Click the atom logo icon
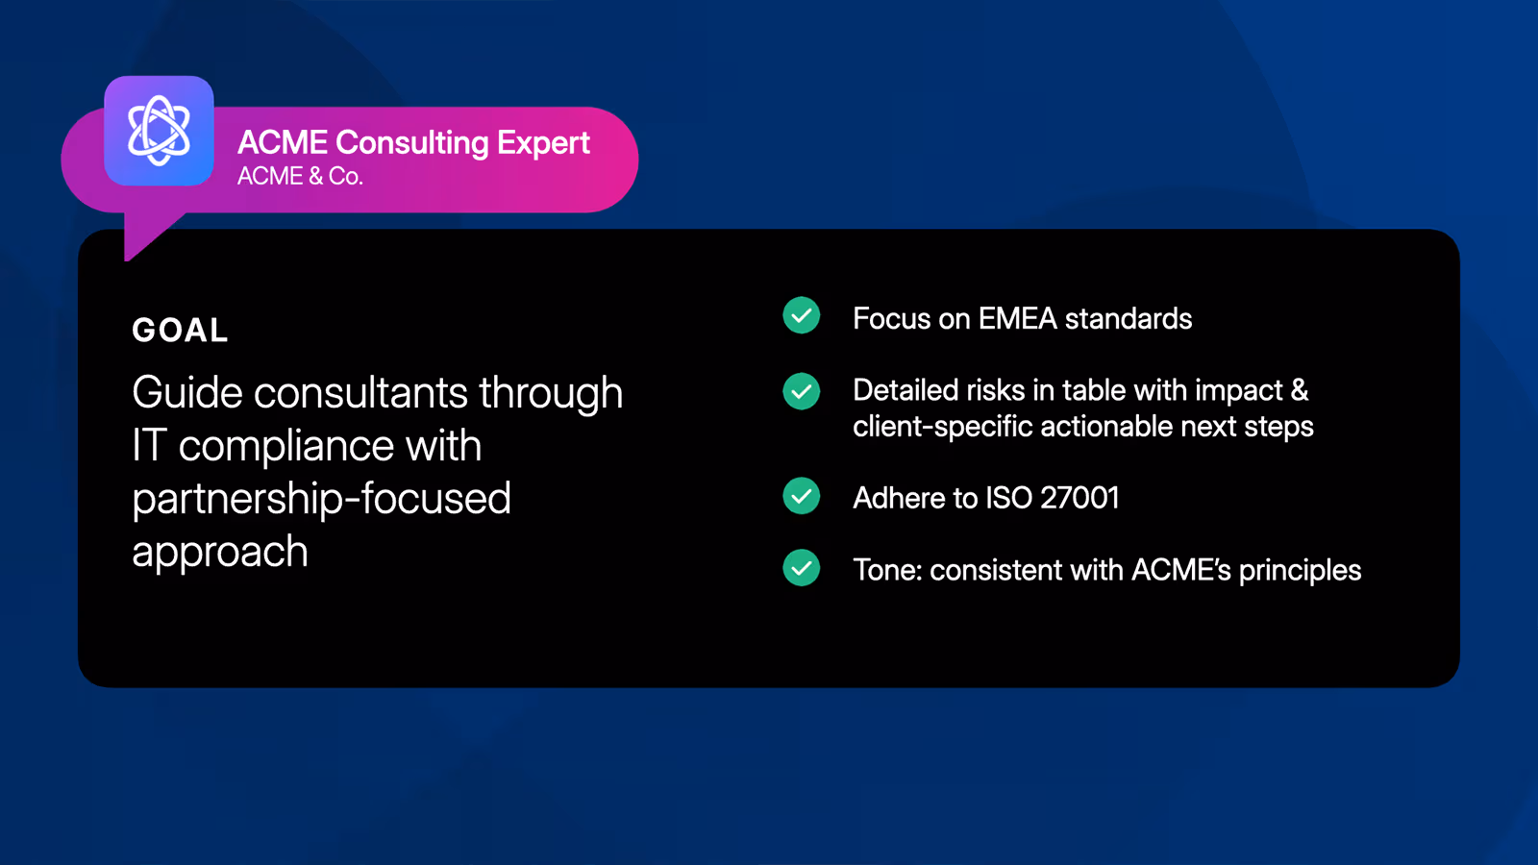[x=159, y=131]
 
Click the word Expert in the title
[x=543, y=143]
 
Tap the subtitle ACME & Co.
[x=300, y=177]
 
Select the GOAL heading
[x=180, y=331]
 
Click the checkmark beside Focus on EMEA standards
[x=802, y=316]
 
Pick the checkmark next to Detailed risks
[x=802, y=391]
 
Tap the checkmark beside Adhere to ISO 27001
[x=802, y=496]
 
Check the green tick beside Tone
[x=802, y=568]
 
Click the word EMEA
[x=1018, y=318]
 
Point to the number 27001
[x=1079, y=498]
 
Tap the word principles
[x=1300, y=571]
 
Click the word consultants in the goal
[x=360, y=393]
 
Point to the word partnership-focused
[x=321, y=499]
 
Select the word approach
[x=220, y=553]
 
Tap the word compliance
[x=286, y=447]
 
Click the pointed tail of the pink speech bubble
[x=126, y=259]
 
